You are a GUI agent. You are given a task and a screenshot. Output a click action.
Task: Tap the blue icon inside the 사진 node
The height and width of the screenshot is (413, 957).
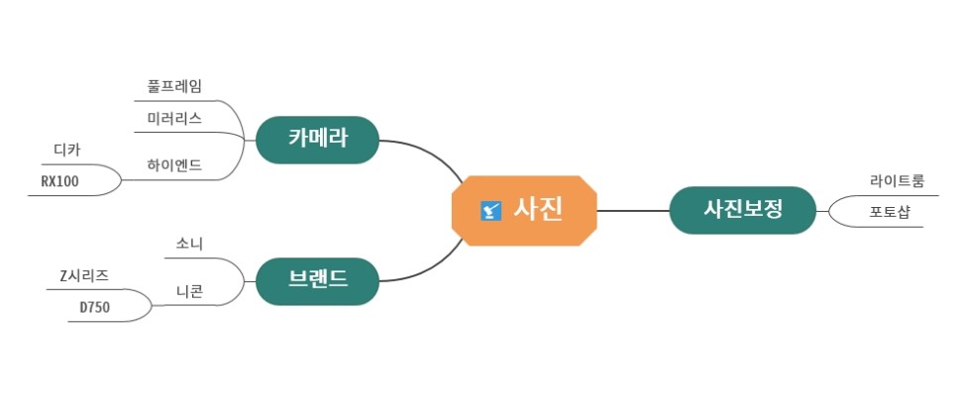tap(489, 210)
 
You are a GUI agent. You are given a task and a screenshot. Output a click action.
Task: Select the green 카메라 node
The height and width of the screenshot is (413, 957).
tap(317, 140)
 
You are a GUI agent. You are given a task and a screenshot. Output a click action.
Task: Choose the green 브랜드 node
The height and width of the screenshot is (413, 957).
tap(317, 280)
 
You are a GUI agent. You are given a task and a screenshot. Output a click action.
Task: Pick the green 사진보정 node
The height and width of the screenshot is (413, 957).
tap(742, 210)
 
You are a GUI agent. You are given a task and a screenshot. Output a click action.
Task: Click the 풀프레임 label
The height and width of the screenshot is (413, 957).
tap(174, 87)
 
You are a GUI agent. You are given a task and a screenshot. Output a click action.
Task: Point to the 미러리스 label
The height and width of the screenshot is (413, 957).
tap(174, 119)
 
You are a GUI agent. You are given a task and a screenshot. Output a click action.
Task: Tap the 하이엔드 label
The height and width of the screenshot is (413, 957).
tap(174, 164)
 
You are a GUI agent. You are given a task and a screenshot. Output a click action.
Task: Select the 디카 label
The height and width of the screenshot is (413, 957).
tap(67, 151)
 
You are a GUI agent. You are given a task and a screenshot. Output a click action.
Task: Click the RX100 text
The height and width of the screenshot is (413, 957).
tap(59, 181)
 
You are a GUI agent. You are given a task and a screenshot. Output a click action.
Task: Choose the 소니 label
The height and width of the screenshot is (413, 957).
tap(189, 244)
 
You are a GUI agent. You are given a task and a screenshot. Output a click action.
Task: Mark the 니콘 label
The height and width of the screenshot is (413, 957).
tap(189, 291)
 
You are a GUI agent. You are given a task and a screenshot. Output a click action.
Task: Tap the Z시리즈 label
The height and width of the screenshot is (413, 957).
tap(84, 275)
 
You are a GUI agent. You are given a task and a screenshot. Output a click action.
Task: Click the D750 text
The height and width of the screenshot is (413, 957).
tap(95, 307)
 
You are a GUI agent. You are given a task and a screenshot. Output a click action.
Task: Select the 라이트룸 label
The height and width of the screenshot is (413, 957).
tap(898, 181)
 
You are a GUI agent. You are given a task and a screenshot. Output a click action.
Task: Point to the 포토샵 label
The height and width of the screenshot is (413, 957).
tap(890, 211)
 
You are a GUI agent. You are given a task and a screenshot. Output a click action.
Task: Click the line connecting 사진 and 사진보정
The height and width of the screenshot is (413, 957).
tap(634, 210)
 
